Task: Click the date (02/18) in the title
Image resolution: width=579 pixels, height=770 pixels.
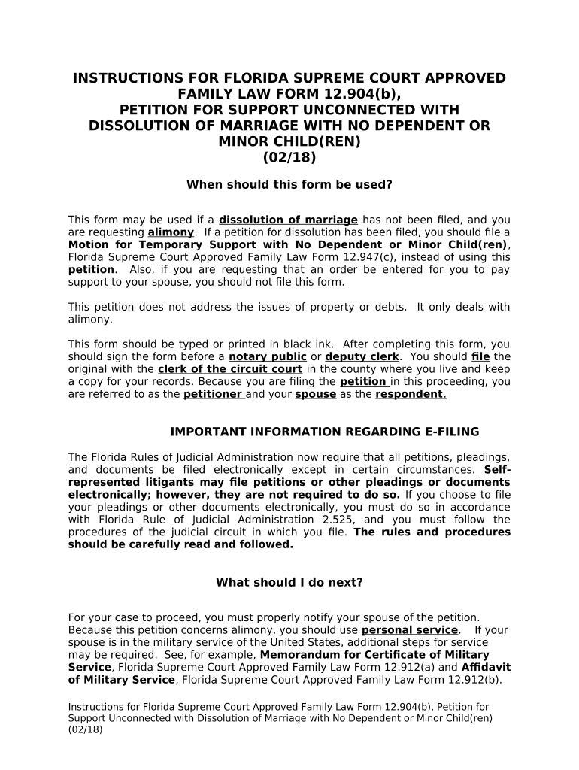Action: click(289, 158)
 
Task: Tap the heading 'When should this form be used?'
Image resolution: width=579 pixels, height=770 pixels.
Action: click(289, 184)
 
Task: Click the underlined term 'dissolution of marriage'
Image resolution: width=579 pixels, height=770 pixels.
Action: click(288, 220)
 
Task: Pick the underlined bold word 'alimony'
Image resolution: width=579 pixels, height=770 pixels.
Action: click(171, 232)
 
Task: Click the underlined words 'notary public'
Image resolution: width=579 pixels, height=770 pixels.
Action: click(268, 356)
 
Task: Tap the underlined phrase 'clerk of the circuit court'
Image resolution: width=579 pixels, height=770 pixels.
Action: click(230, 369)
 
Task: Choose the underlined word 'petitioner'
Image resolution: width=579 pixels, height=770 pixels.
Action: click(213, 394)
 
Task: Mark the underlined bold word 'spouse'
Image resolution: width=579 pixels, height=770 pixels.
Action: click(315, 394)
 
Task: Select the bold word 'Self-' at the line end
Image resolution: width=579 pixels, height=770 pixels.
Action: click(497, 469)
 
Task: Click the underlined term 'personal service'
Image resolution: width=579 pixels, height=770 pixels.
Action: click(410, 630)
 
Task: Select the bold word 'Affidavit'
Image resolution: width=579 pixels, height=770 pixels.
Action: click(485, 667)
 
